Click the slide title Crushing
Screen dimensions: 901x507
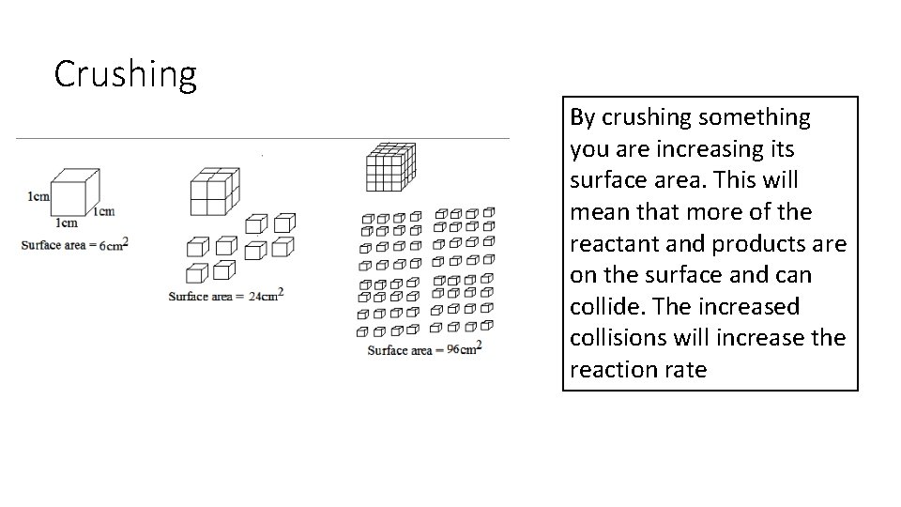click(125, 74)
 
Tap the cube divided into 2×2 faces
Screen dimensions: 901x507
click(215, 192)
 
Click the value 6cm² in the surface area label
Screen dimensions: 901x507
click(113, 244)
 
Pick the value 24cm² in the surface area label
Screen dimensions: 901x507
click(266, 295)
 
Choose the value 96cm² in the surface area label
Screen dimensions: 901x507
click(464, 348)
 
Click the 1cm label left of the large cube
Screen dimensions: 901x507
click(38, 196)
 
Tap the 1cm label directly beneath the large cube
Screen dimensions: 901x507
click(66, 223)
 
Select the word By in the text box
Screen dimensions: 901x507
click(582, 117)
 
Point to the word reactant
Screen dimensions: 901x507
click(615, 244)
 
